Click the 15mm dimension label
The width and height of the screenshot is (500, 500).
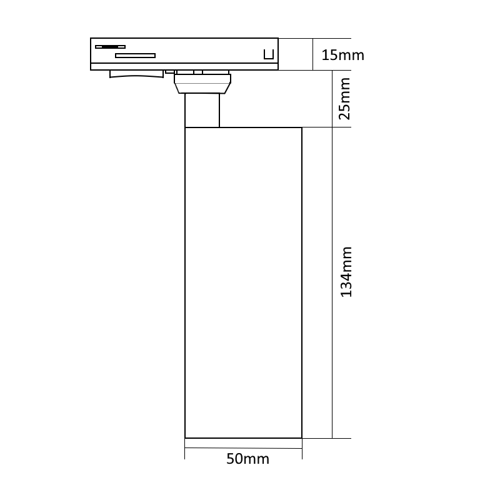(342, 55)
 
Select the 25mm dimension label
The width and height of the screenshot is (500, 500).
(344, 99)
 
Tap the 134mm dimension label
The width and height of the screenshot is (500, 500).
(346, 272)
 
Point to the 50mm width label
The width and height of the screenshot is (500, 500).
(247, 459)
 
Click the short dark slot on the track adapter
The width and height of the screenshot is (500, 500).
(111, 47)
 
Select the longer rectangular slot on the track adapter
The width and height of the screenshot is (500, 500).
(135, 56)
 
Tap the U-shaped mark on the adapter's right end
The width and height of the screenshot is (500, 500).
(269, 54)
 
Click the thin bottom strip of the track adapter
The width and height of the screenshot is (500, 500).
(184, 67)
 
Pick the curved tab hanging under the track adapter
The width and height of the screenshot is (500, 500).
(136, 74)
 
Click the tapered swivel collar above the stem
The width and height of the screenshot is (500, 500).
(202, 84)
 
